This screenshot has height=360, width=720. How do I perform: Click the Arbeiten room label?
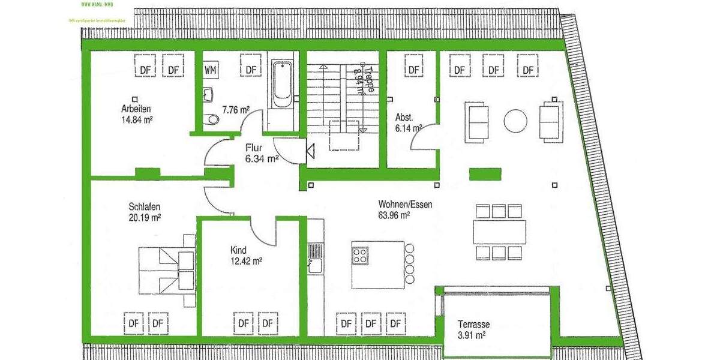pos(135,109)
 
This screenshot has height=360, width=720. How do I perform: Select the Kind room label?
pos(238,250)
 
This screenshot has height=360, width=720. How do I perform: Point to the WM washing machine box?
pos(210,70)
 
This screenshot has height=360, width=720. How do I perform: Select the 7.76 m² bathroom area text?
pos(236,110)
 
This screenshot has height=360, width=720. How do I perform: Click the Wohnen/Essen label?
pos(405,204)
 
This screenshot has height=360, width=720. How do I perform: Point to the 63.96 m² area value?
pos(394,215)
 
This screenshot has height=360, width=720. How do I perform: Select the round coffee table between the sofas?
pos(516,121)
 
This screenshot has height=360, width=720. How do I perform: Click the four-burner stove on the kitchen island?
pos(360,256)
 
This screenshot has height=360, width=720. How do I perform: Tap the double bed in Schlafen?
pos(167,269)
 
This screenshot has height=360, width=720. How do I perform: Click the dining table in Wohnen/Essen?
pos(499,232)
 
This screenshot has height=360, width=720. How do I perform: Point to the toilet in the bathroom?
pos(211,119)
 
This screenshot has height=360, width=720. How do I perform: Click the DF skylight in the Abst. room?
pos(413,70)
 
